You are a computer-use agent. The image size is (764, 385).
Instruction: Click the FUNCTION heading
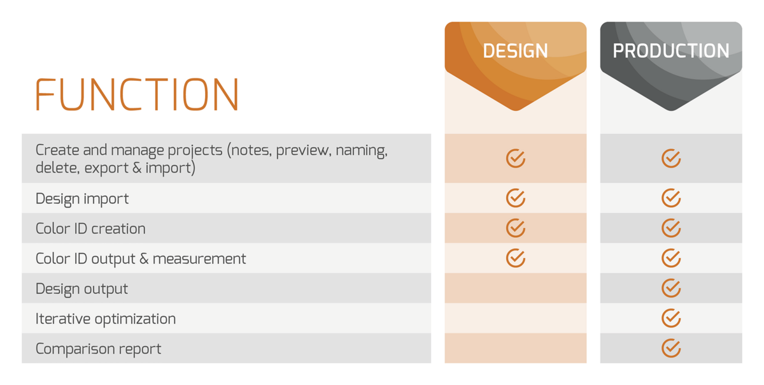(137, 94)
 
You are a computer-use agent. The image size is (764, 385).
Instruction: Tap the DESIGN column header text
(515, 51)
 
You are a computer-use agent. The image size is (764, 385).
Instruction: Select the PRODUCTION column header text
(671, 51)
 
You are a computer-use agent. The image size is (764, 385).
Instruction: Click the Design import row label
(82, 199)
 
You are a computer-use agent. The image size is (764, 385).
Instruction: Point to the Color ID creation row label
(90, 229)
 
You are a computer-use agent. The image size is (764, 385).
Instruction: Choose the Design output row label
(82, 289)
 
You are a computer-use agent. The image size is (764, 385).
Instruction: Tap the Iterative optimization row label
(106, 319)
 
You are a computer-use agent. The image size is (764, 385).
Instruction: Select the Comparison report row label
(98, 349)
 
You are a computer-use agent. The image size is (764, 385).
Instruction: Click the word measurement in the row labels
(199, 259)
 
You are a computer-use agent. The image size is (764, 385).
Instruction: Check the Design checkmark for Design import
(515, 198)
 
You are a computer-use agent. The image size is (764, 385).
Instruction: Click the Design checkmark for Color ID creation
(515, 228)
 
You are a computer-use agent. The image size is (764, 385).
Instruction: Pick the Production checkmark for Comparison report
(671, 348)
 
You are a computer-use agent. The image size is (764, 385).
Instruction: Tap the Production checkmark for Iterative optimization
(671, 318)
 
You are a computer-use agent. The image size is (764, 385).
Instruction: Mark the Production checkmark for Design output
(671, 288)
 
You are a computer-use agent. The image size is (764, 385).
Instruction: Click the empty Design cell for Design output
(515, 288)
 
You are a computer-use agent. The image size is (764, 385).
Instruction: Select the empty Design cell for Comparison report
(515, 348)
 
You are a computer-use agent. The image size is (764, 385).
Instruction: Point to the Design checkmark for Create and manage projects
(515, 158)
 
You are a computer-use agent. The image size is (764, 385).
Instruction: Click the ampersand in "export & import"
(137, 168)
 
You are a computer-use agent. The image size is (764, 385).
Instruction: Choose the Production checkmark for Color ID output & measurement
(671, 258)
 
